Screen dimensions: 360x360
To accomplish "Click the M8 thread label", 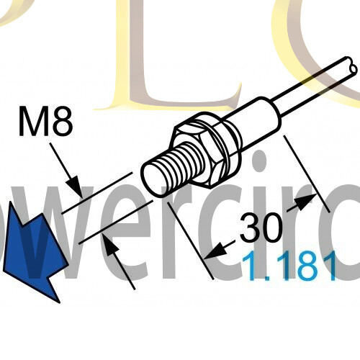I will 45,123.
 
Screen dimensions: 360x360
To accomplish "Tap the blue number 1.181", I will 289,267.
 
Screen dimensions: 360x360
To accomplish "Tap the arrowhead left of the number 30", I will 214,253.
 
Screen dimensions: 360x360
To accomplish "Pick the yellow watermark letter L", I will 144,58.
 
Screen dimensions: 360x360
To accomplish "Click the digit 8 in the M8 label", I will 61,123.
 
